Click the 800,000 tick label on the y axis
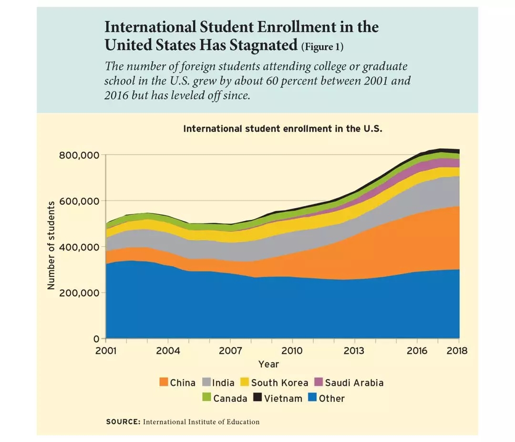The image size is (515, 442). click(x=79, y=156)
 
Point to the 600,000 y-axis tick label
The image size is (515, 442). click(x=79, y=201)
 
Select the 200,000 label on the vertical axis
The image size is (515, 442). click(x=79, y=293)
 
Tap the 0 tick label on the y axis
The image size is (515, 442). click(x=95, y=338)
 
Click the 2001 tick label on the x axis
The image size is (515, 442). click(x=106, y=351)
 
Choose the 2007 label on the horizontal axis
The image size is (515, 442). click(x=230, y=351)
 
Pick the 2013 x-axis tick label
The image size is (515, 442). click(x=354, y=351)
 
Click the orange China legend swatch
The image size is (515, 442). click(x=164, y=382)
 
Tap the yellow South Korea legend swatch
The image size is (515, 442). click(x=245, y=382)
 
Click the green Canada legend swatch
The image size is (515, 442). click(x=206, y=398)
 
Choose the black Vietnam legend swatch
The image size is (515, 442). click(x=257, y=398)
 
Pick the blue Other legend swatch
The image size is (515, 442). click(x=312, y=398)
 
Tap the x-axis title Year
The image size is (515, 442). click(x=268, y=364)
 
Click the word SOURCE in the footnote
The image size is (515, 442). click(x=123, y=422)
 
